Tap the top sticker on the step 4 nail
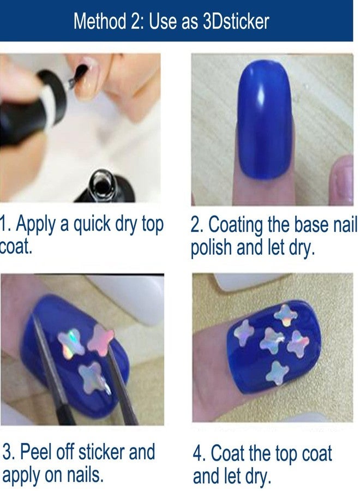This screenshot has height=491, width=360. (x=285, y=315)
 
